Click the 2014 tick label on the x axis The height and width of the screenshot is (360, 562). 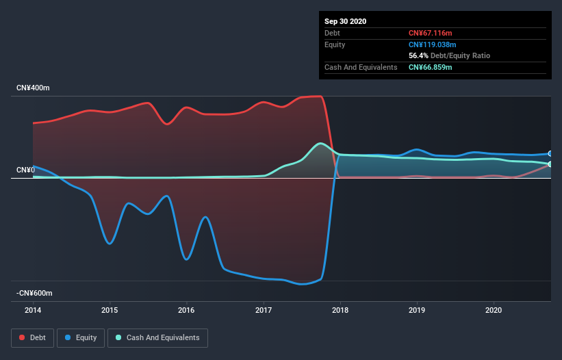pyautogui.click(x=33, y=310)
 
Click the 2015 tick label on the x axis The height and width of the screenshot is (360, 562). pyautogui.click(x=110, y=310)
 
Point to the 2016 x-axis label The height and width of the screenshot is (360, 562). pyautogui.click(x=186, y=310)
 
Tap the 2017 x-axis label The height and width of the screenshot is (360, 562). pyautogui.click(x=263, y=310)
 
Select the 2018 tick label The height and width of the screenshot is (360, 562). pyautogui.click(x=340, y=310)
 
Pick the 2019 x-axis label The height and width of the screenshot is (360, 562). pyautogui.click(x=416, y=310)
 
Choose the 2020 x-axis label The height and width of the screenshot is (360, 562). pyautogui.click(x=493, y=310)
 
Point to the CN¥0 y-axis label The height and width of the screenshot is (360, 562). pyautogui.click(x=26, y=170)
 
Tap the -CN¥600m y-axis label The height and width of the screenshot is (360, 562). pyautogui.click(x=34, y=294)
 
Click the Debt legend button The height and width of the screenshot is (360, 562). pyautogui.click(x=33, y=338)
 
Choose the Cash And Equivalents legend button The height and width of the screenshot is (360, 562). pyautogui.click(x=157, y=338)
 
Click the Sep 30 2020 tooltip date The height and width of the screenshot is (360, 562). pyautogui.click(x=345, y=21)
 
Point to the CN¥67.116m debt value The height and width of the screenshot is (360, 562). pyautogui.click(x=431, y=33)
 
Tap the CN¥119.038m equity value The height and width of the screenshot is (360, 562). pyautogui.click(x=432, y=44)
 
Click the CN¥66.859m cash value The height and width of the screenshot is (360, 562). pyautogui.click(x=431, y=67)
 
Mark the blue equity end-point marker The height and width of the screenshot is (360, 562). pyautogui.click(x=550, y=153)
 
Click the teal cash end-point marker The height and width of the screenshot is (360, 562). pyautogui.click(x=550, y=164)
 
